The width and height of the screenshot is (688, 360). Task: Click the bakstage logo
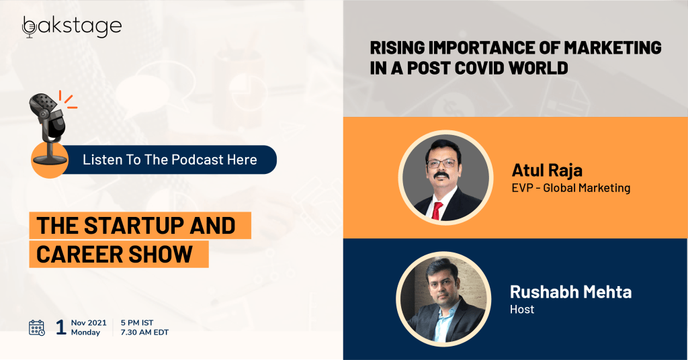(72, 27)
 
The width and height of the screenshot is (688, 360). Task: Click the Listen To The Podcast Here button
(170, 160)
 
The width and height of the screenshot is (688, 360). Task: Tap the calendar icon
(37, 328)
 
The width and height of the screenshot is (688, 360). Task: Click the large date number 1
(61, 327)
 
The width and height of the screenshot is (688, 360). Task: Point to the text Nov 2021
(89, 323)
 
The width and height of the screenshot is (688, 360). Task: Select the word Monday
(85, 332)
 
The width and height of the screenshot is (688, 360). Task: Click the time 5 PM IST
(137, 323)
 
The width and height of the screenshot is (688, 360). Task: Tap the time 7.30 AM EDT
(144, 332)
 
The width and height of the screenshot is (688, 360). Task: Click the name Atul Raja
(547, 170)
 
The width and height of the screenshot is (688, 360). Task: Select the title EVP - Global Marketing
(571, 188)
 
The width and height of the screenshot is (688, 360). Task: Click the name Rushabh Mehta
(571, 292)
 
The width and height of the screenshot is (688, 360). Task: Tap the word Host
(522, 310)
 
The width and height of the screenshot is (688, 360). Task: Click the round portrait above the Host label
(443, 299)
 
